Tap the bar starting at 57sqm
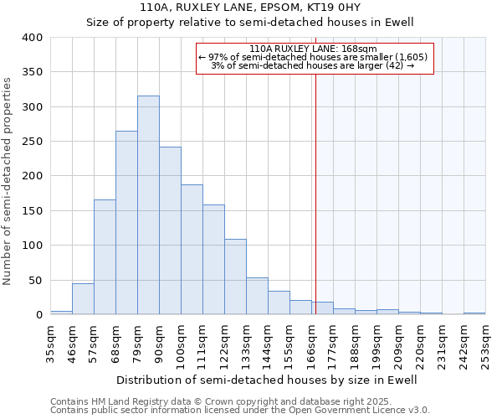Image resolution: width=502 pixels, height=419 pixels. (105, 257)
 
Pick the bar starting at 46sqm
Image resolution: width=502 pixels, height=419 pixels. (83, 299)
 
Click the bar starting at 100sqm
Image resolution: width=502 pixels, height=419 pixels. (192, 250)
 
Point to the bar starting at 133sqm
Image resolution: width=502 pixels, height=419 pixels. (257, 297)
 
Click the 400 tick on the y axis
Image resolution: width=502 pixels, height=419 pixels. (33, 38)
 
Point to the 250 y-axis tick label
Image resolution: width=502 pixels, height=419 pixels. (33, 142)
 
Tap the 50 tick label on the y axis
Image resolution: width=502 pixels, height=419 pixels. (35, 280)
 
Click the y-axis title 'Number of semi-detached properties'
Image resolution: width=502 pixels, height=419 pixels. (8, 181)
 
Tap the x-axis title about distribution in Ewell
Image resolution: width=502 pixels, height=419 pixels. (267, 380)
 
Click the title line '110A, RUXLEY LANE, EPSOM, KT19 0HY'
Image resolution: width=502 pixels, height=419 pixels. (250, 8)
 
